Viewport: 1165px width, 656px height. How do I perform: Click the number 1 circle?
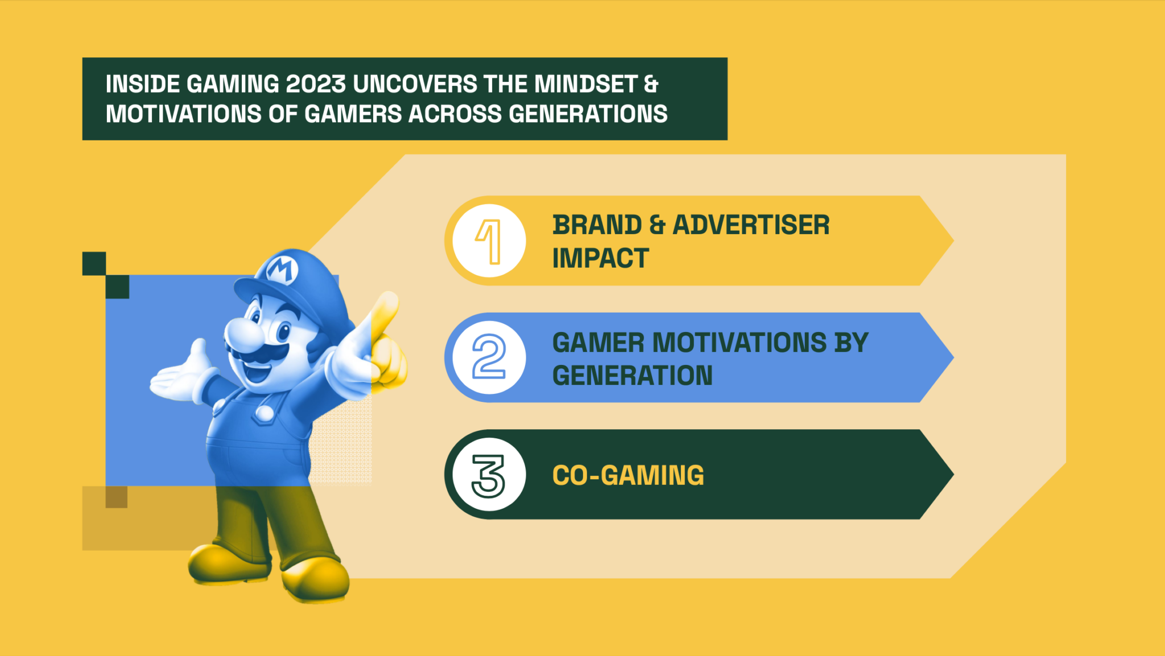point(489,241)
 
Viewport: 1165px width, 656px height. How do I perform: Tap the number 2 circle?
point(489,358)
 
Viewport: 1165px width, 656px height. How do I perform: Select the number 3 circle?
point(489,475)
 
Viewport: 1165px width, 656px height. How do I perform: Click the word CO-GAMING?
point(628,475)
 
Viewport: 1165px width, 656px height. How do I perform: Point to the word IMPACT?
point(600,259)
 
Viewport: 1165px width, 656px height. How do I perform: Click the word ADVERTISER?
point(751,225)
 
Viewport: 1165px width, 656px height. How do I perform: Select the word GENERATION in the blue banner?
point(632,376)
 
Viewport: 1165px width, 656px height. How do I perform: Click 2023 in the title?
point(316,84)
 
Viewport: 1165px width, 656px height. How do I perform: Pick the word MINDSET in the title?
point(585,84)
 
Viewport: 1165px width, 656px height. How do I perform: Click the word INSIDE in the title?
point(143,84)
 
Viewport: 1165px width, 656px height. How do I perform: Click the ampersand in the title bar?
point(651,84)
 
